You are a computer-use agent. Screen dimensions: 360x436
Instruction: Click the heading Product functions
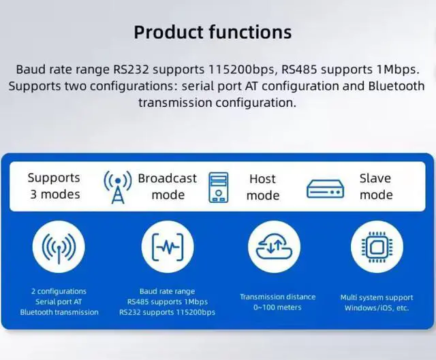point(213,31)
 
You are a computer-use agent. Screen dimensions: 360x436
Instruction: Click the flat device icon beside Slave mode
point(325,189)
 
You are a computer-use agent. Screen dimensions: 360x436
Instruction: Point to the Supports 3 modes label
point(54,186)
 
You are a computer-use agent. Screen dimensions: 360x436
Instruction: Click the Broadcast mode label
point(168,186)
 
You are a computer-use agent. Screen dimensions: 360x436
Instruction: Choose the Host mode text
point(262,187)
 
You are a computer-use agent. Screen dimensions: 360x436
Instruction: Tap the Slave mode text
point(375,186)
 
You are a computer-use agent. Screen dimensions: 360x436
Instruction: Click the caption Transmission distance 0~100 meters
point(277,302)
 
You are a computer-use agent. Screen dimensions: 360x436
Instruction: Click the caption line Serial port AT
point(59,301)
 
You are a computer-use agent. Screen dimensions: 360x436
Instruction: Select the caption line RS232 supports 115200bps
point(167,312)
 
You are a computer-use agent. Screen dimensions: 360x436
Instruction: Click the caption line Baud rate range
point(167,291)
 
